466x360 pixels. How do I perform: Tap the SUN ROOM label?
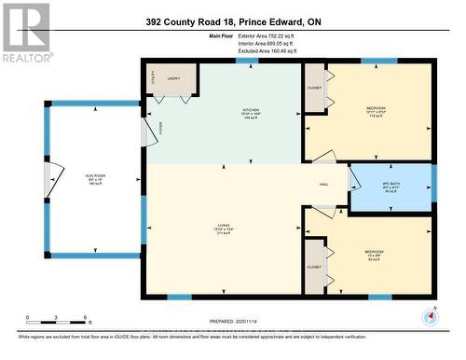[x=94, y=181]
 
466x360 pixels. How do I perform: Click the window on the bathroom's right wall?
[x=433, y=184]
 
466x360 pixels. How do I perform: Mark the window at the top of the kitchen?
[x=247, y=62]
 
